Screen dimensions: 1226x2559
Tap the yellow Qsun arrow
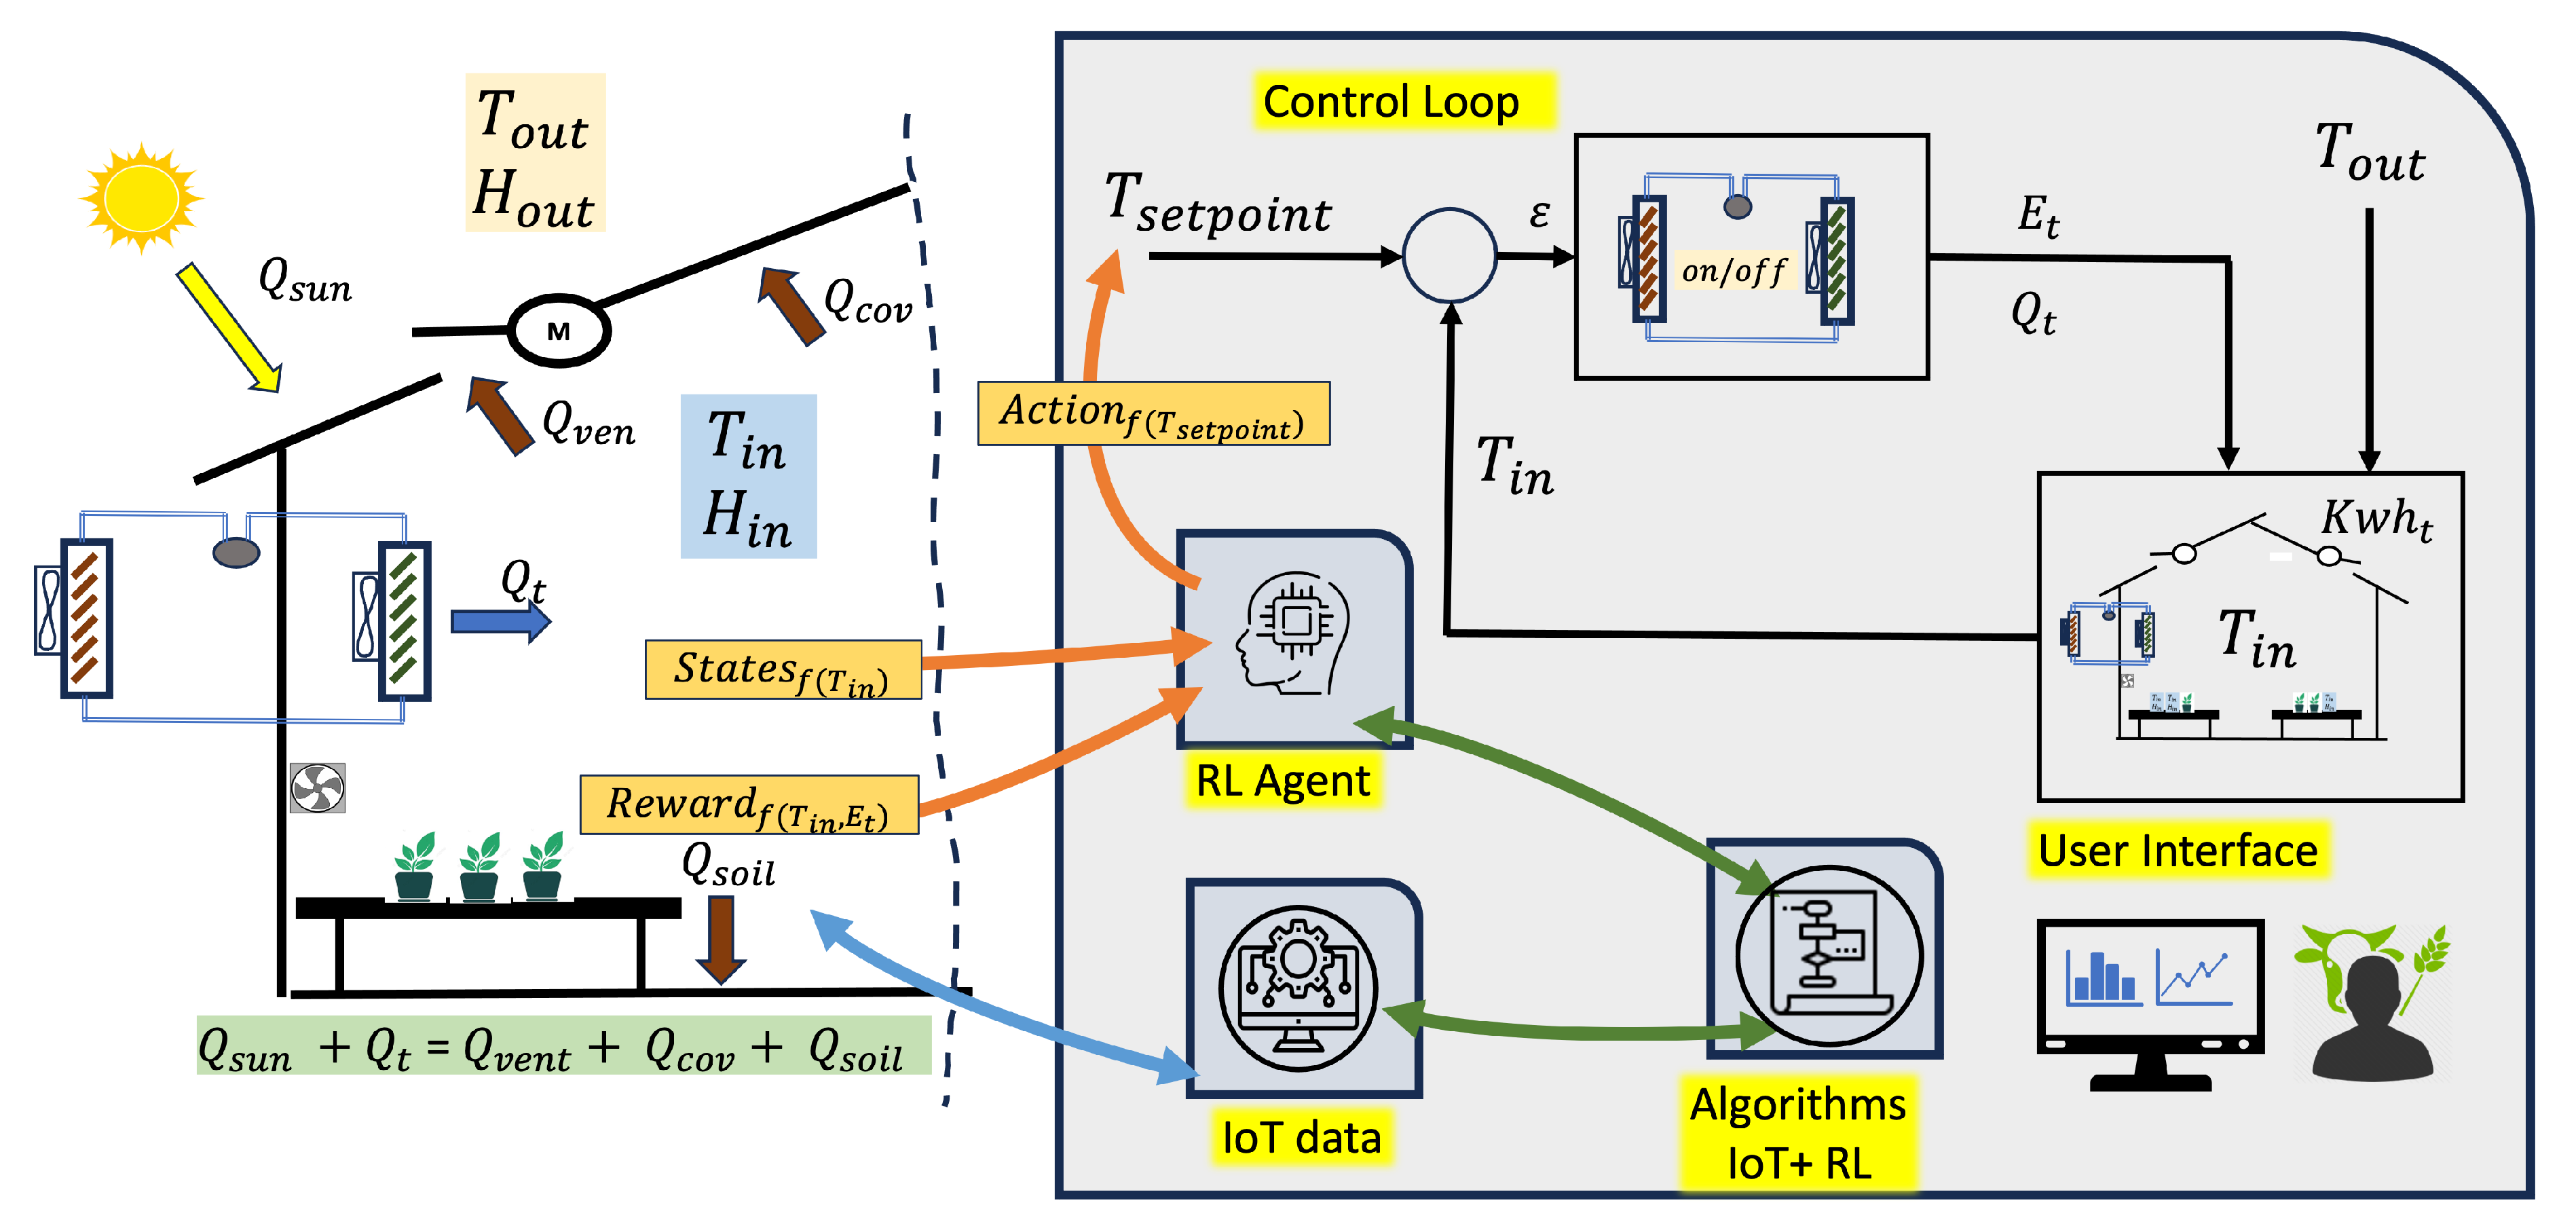click(x=229, y=328)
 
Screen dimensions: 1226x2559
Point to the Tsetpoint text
click(x=1217, y=206)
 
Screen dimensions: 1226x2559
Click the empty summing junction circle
click(x=1449, y=255)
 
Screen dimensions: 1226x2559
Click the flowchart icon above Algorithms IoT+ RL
click(x=1828, y=954)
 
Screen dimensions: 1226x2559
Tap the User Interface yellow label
click(x=2178, y=851)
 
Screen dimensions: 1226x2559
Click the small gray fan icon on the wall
click(x=317, y=788)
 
